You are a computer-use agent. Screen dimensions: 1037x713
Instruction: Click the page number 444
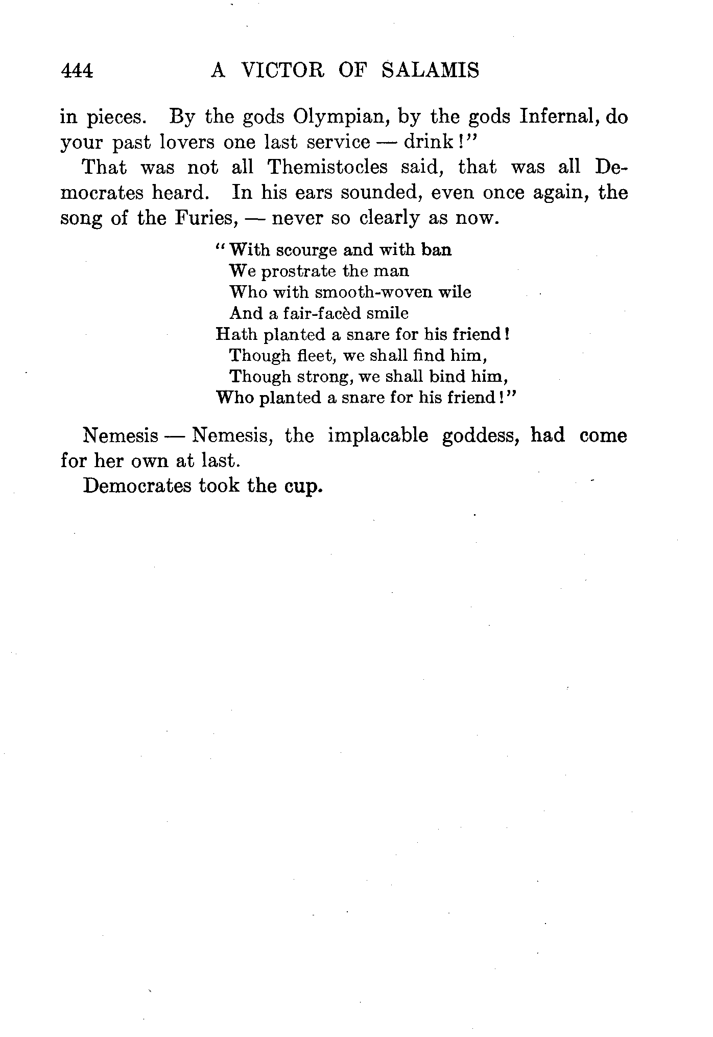[x=77, y=71]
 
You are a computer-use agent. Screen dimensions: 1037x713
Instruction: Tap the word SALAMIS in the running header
[x=430, y=70]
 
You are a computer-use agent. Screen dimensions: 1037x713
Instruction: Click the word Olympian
[x=338, y=118]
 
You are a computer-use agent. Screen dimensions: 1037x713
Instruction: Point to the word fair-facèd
[x=321, y=313]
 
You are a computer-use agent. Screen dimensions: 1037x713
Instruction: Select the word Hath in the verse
[x=235, y=334]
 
